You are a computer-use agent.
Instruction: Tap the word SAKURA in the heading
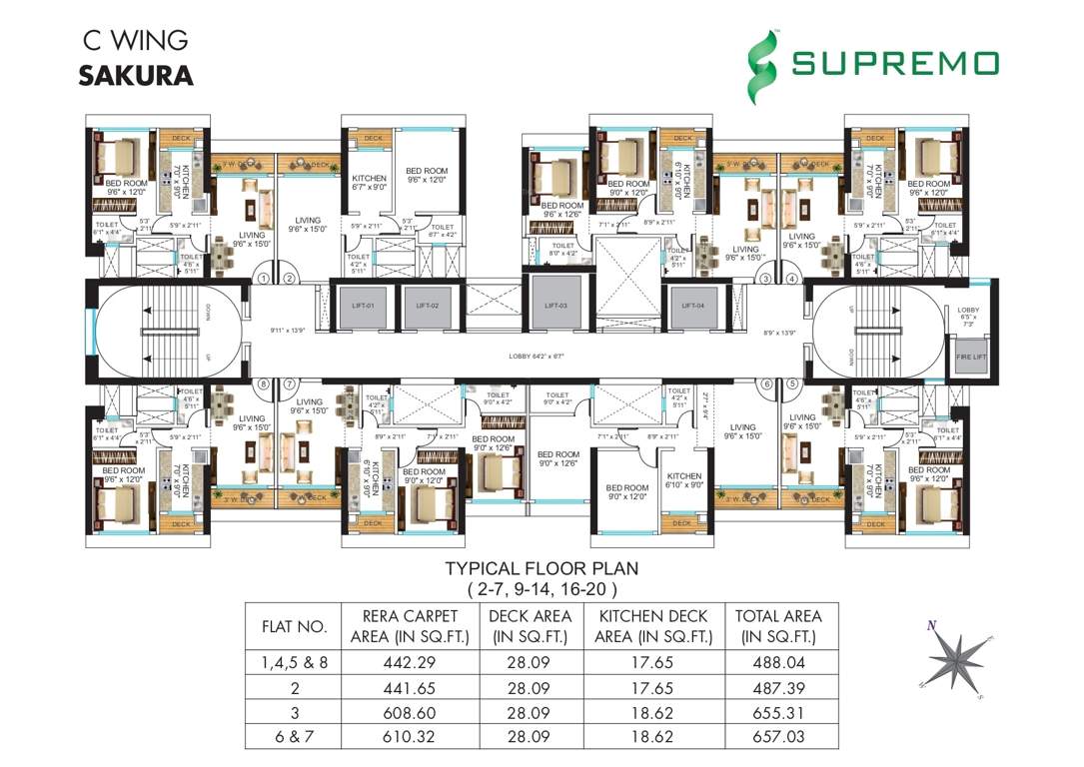(136, 76)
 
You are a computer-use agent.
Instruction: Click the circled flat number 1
(264, 280)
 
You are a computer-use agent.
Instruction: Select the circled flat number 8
(264, 383)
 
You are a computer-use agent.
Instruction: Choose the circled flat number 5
(793, 383)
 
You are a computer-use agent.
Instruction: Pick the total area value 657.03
(778, 737)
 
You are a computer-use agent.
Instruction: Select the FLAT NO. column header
(294, 627)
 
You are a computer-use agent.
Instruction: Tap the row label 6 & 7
(294, 737)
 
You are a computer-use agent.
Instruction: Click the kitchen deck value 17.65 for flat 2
(651, 688)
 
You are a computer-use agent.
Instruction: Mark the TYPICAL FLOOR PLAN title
(541, 568)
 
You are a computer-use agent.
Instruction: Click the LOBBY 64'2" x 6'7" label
(542, 356)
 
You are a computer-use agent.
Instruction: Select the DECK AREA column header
(530, 626)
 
